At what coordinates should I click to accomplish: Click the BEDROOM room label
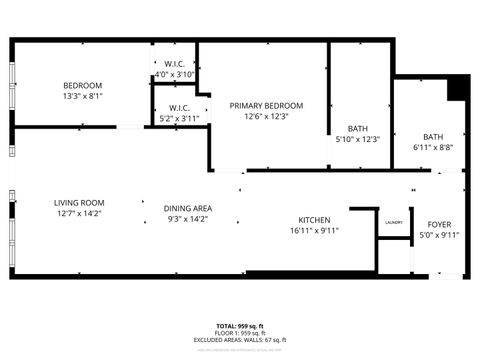tap(82, 85)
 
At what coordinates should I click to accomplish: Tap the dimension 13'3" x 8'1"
tap(82, 96)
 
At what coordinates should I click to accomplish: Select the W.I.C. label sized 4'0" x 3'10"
tap(174, 63)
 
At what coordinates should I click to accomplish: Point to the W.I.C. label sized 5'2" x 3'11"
tap(180, 107)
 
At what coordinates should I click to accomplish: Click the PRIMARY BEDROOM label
tap(266, 105)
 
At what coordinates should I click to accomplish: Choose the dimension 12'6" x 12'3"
tap(266, 116)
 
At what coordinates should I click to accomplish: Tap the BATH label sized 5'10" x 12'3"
tap(357, 128)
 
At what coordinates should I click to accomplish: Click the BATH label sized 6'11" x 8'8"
tap(433, 136)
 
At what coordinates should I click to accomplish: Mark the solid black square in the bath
tap(457, 88)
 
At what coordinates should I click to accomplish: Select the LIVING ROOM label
tap(79, 202)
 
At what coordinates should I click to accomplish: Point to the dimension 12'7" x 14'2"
tap(79, 213)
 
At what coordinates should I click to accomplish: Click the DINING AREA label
tap(188, 208)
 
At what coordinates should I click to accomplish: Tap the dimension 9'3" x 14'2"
tap(188, 219)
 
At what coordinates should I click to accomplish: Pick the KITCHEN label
tap(314, 220)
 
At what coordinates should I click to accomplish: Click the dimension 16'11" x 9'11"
tap(314, 231)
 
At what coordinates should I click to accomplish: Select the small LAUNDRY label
tap(393, 222)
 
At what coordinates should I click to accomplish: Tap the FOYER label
tap(439, 224)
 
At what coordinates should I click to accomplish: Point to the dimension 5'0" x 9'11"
tap(439, 235)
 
